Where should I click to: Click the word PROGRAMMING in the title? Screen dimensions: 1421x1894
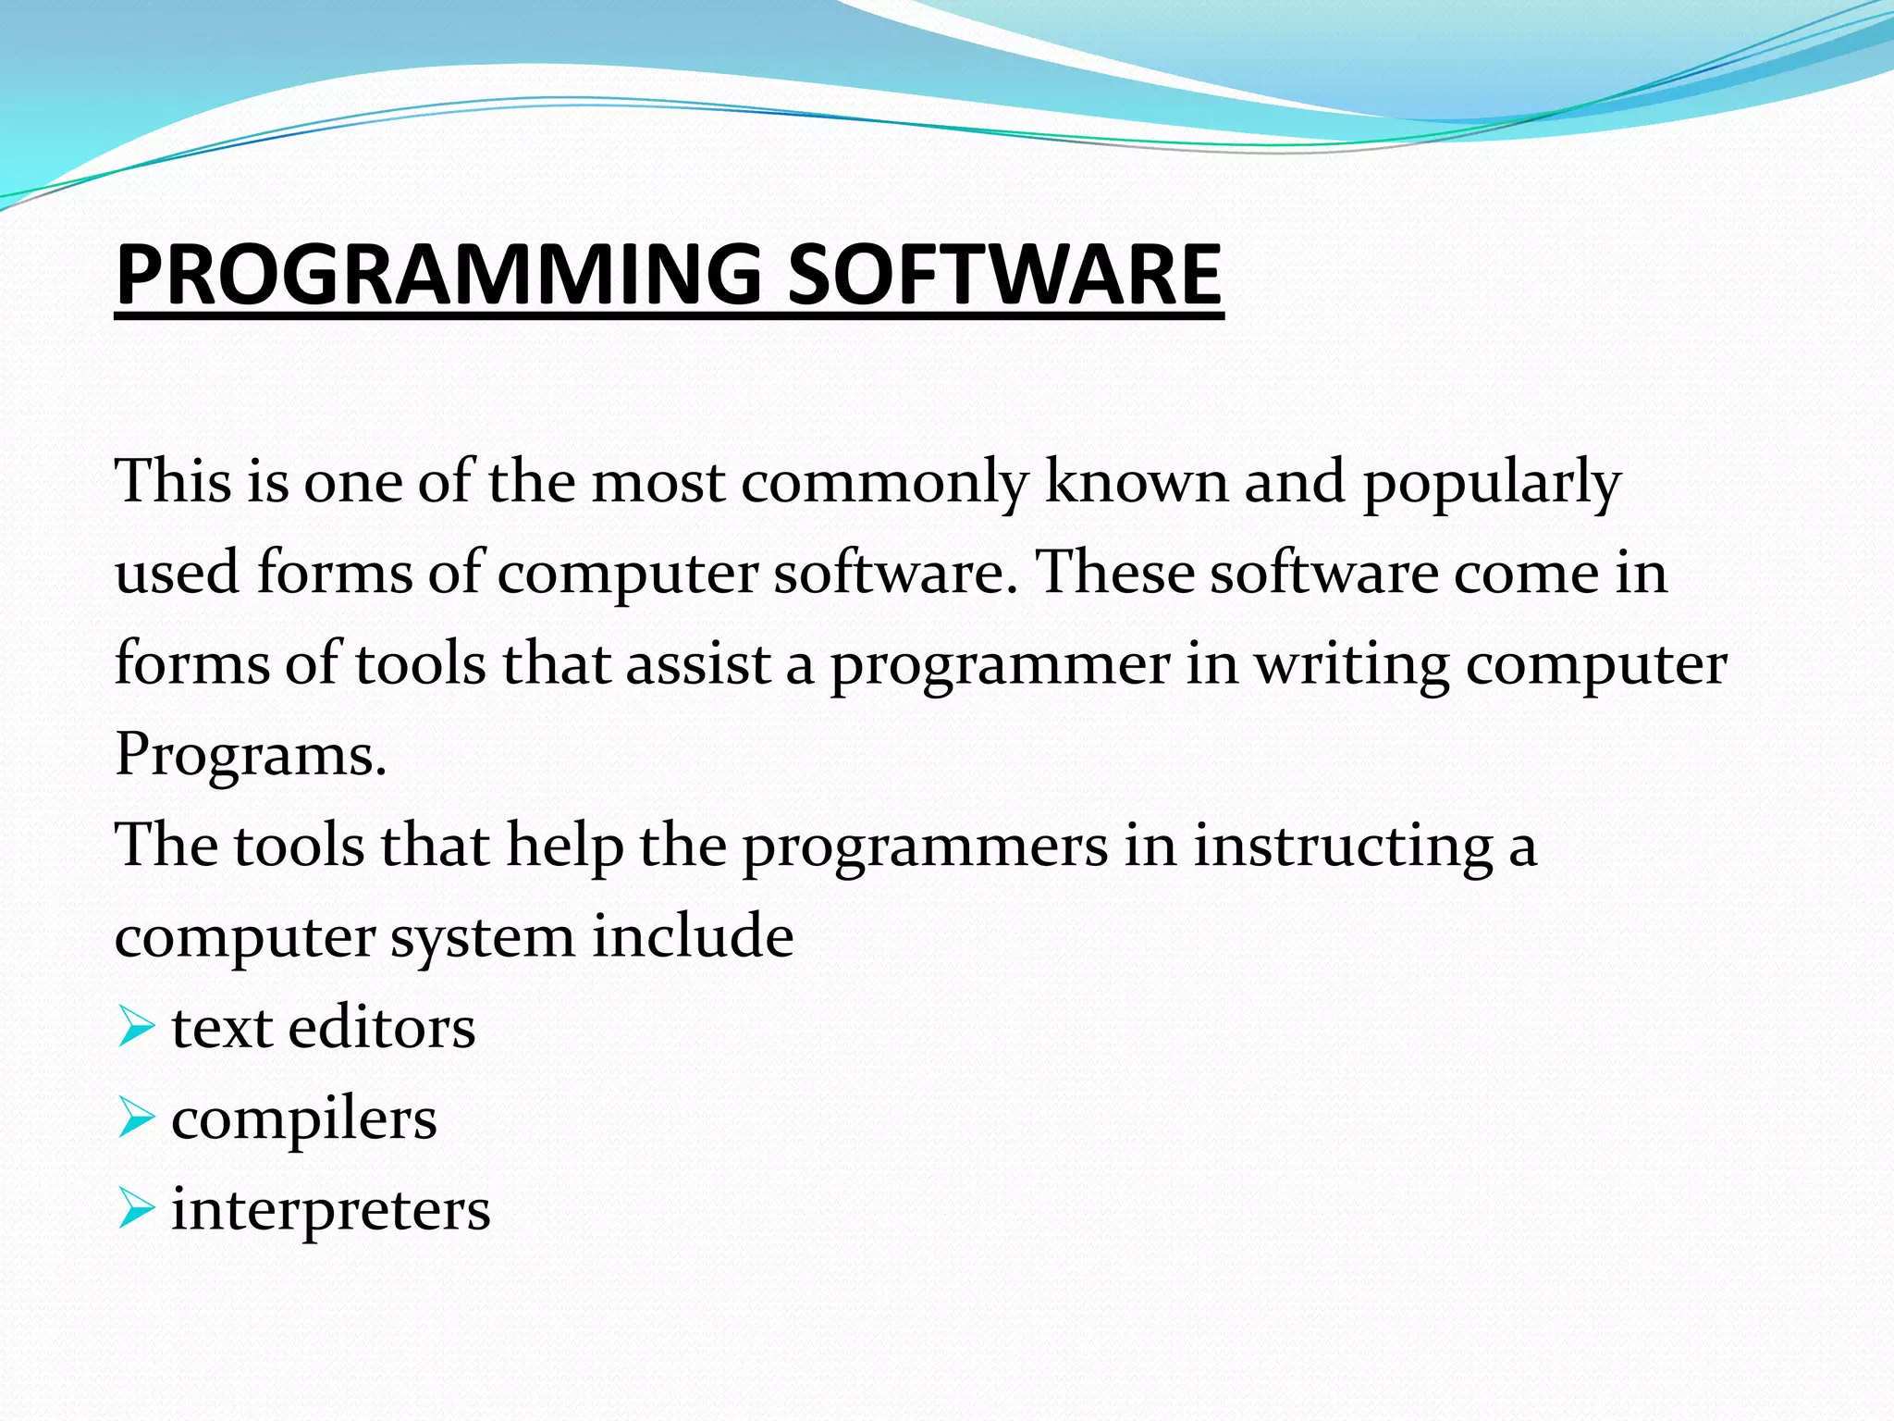[x=438, y=274]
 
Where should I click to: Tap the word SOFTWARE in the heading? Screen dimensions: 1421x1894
[x=1004, y=274]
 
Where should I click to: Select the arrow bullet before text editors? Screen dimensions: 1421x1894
[x=136, y=1028]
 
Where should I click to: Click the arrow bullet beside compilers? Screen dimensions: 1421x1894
[x=136, y=1118]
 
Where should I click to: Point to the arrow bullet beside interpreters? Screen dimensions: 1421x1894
[x=136, y=1209]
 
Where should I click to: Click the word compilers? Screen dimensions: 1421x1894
[x=303, y=1120]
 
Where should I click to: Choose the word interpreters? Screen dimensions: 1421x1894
[x=330, y=1210]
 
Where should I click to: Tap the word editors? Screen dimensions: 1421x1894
[x=381, y=1028]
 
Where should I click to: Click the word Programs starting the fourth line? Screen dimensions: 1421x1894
[x=250, y=755]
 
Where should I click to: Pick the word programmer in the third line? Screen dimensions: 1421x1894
[x=999, y=666]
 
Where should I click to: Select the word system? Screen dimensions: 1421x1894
[x=481, y=938]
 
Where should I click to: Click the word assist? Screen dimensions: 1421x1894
[x=698, y=664]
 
